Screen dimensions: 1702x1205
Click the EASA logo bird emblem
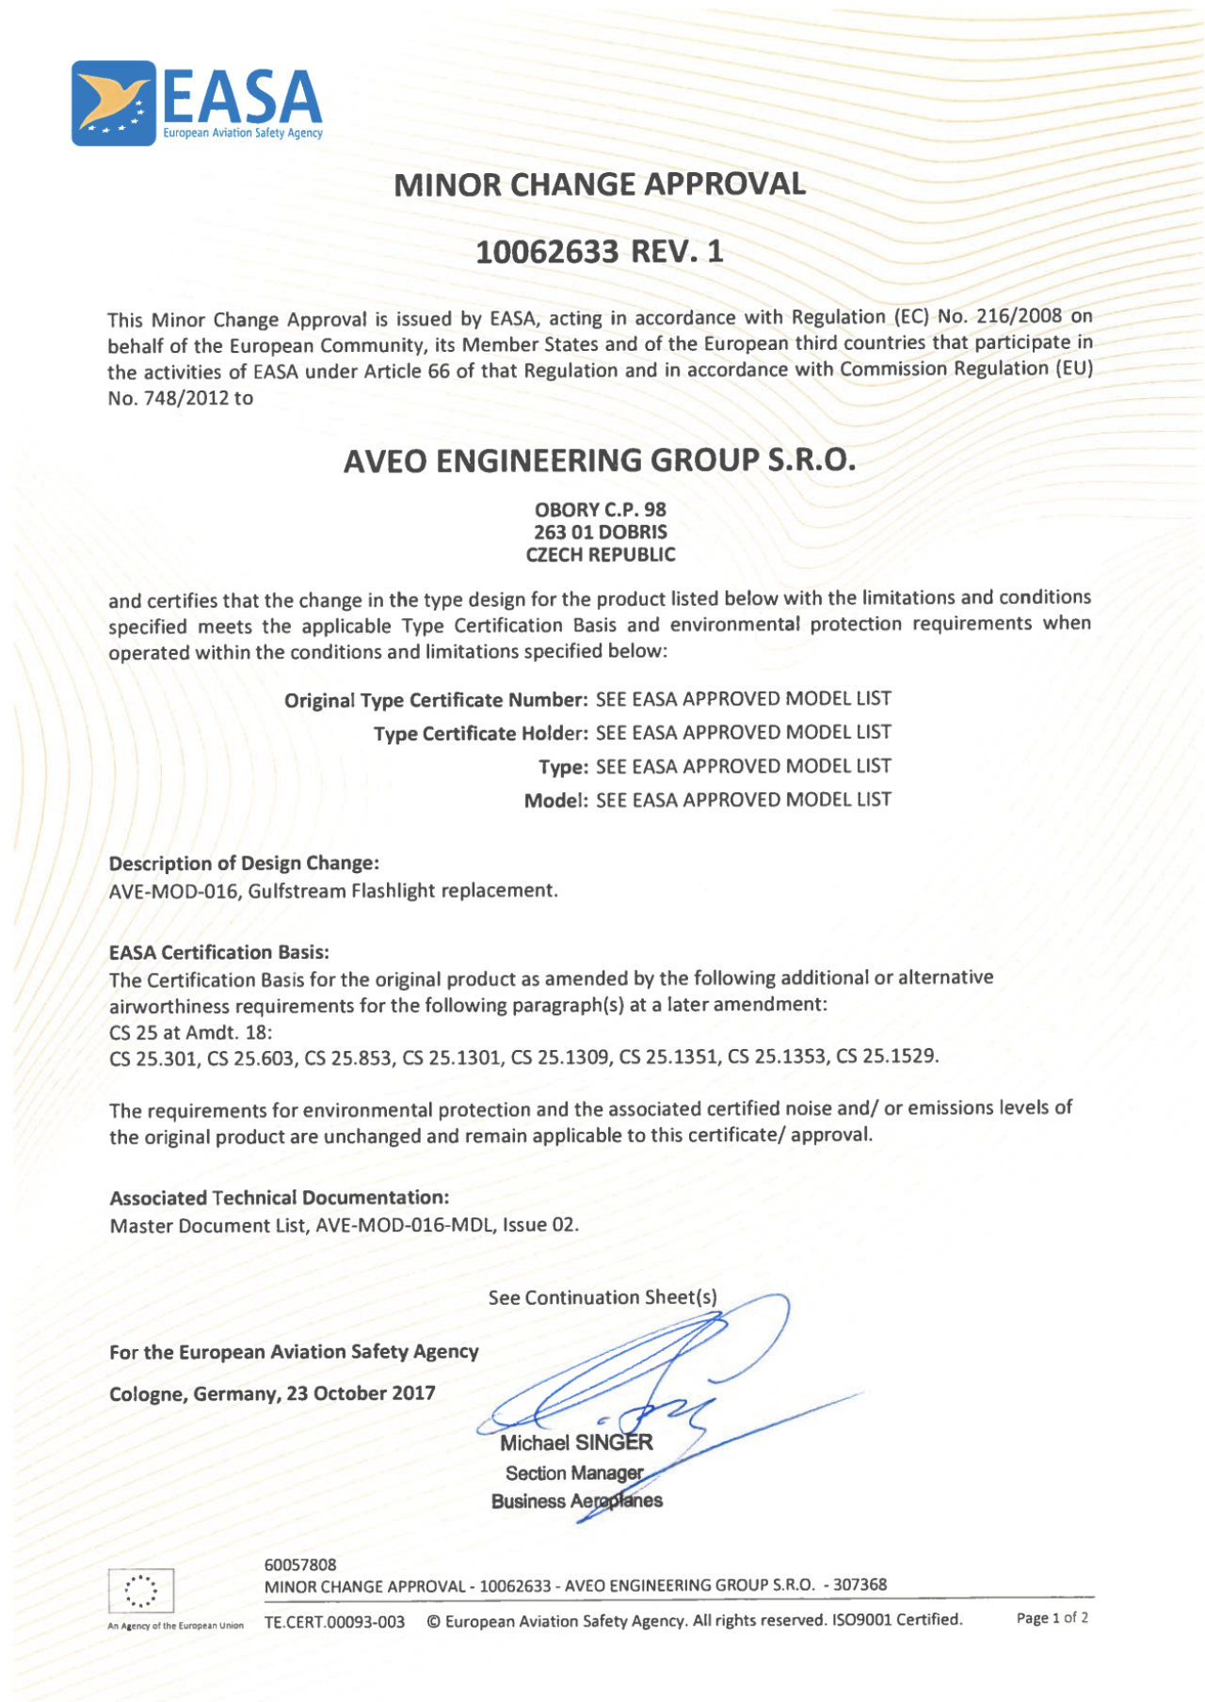pyautogui.click(x=113, y=103)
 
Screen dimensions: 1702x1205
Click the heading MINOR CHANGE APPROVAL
pyautogui.click(x=600, y=184)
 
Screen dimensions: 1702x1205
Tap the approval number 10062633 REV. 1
pyautogui.click(x=600, y=252)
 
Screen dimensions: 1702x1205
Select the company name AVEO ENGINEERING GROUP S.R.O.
pyautogui.click(x=600, y=461)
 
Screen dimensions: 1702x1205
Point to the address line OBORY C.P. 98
pyautogui.click(x=600, y=510)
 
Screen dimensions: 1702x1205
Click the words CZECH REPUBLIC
pyautogui.click(x=600, y=555)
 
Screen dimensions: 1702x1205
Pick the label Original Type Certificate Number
pyautogui.click(x=436, y=701)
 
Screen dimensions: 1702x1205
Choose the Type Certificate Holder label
pyautogui.click(x=481, y=734)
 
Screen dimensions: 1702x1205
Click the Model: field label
pyautogui.click(x=555, y=801)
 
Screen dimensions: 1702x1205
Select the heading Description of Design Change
pyautogui.click(x=244, y=864)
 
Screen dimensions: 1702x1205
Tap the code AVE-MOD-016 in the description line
pyautogui.click(x=173, y=891)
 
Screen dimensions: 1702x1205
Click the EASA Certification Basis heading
pyautogui.click(x=218, y=953)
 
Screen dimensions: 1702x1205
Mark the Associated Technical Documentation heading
pyautogui.click(x=280, y=1199)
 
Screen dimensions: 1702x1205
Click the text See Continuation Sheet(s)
pyautogui.click(x=602, y=1298)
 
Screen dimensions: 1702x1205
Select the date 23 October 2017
pyautogui.click(x=361, y=1393)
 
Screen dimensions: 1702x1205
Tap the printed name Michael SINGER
pyautogui.click(x=576, y=1443)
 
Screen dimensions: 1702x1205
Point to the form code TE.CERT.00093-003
pyautogui.click(x=334, y=1622)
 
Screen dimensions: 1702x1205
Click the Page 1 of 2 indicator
pyautogui.click(x=1052, y=1618)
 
